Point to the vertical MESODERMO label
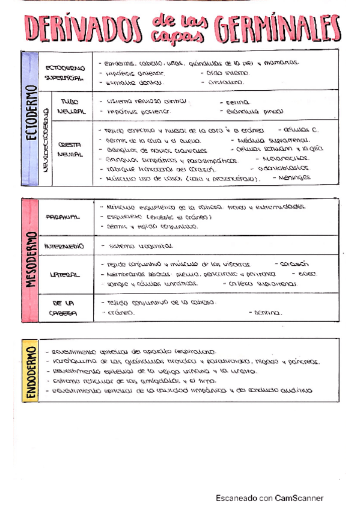(30, 260)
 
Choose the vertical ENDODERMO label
(30, 373)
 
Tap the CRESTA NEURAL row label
(70, 149)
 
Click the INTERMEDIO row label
(64, 246)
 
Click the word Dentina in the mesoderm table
(267, 313)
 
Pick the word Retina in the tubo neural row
(238, 102)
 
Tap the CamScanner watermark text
(270, 498)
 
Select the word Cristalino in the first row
(225, 82)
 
